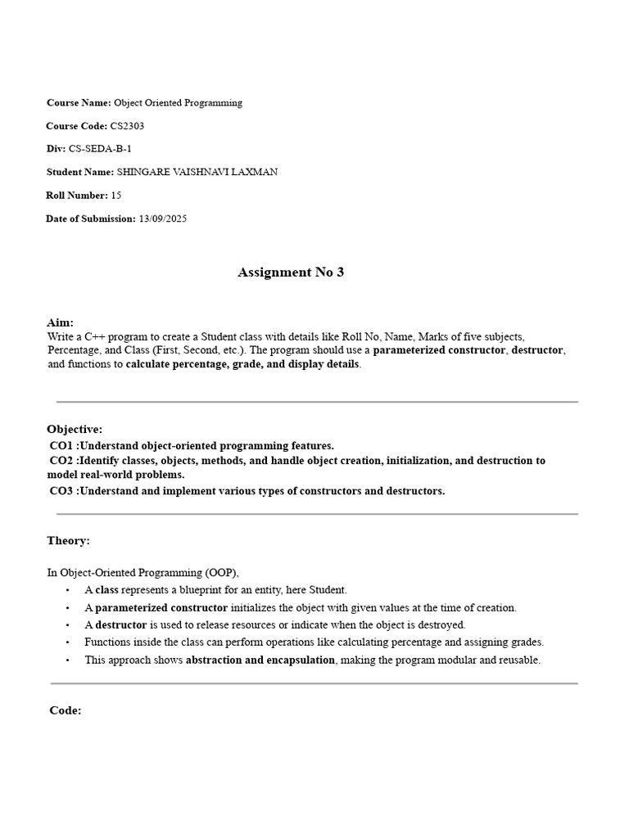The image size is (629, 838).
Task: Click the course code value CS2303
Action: pyautogui.click(x=127, y=126)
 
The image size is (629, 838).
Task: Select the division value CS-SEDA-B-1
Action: pyautogui.click(x=100, y=149)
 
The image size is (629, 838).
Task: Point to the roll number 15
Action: pyautogui.click(x=115, y=196)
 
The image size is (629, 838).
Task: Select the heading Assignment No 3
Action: pyautogui.click(x=291, y=273)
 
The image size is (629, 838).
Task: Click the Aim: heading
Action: pyautogui.click(x=60, y=323)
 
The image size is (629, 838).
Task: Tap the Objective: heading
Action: pyautogui.click(x=75, y=430)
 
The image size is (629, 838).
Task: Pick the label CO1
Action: pyautogui.click(x=61, y=446)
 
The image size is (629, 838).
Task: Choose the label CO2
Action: pyautogui.click(x=61, y=461)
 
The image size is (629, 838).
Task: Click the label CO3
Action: pyautogui.click(x=61, y=491)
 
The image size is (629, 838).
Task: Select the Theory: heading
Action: pyautogui.click(x=68, y=541)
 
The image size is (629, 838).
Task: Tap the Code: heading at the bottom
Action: pyautogui.click(x=66, y=710)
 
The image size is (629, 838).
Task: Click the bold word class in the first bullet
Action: pyautogui.click(x=106, y=590)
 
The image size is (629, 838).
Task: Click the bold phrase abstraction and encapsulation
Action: pyautogui.click(x=260, y=660)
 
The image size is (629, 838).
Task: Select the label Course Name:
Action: pyautogui.click(x=79, y=103)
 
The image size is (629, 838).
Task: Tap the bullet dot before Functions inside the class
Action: pyautogui.click(x=66, y=643)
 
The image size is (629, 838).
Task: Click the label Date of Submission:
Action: pyautogui.click(x=91, y=219)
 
